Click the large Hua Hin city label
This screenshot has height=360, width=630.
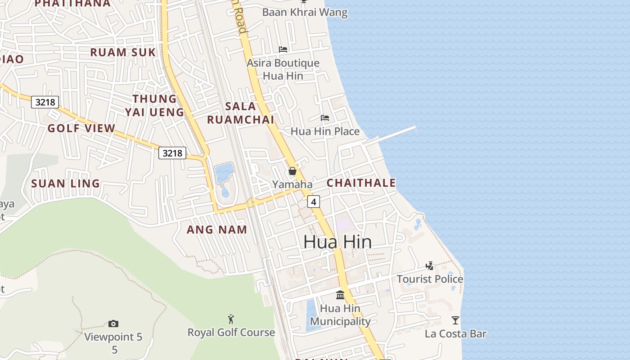coord(337,242)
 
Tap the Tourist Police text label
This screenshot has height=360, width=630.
coord(430,279)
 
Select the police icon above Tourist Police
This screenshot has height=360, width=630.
coord(430,265)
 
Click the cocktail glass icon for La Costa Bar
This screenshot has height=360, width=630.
coord(455,320)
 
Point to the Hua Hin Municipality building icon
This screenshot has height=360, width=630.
coord(340,295)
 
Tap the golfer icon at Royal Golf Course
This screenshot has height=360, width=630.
coord(231,319)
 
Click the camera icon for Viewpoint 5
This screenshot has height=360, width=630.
coord(113,324)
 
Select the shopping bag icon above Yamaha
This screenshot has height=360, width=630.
coord(292,171)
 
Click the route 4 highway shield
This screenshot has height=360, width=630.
coord(314,202)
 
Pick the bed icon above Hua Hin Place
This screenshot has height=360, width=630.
coord(325,118)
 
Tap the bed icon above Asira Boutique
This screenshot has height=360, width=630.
coord(283,49)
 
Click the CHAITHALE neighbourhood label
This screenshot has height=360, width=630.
coord(361,183)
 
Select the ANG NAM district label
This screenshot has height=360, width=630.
coord(217,229)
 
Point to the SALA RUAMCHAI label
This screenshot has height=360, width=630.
coord(240,113)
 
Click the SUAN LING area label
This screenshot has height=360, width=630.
coord(65,184)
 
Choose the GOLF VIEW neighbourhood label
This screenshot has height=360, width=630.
coord(81,128)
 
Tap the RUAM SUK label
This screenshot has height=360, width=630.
coord(123,52)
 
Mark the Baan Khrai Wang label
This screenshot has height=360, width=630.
coord(305,12)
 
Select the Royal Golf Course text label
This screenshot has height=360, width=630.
coord(231,333)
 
